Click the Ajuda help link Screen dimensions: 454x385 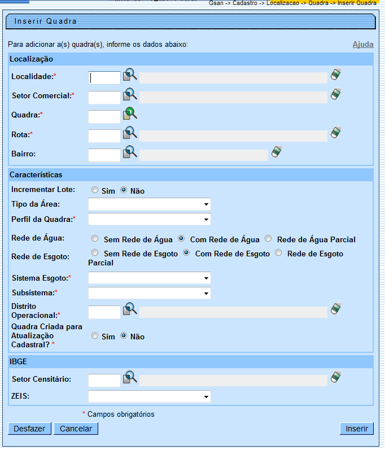(363, 44)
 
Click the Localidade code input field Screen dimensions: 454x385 (104, 77)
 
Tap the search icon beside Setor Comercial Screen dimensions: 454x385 (130, 94)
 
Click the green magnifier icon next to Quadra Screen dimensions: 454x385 (130, 114)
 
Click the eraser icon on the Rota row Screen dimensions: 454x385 (336, 133)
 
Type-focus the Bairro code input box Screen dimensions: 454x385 (104, 155)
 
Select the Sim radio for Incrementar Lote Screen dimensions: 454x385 (95, 190)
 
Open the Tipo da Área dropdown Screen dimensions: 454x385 (149, 204)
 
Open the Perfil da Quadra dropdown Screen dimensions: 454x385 (149, 219)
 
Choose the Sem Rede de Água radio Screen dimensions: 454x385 (95, 239)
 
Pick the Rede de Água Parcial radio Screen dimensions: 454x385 (268, 239)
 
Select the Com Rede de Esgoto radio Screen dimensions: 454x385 (186, 254)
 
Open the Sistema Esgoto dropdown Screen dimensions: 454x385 (149, 278)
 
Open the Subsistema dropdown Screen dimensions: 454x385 (149, 293)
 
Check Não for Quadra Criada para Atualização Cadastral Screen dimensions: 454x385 (124, 336)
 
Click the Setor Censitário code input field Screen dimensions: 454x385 (104, 380)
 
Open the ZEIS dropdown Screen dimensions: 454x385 (149, 397)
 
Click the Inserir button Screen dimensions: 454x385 (356, 429)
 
